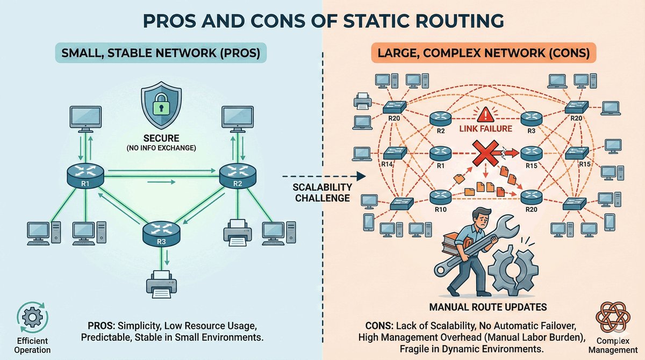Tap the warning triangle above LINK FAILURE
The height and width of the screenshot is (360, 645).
(486, 114)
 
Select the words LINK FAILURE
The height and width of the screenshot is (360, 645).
(485, 130)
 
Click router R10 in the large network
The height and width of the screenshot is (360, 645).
(439, 196)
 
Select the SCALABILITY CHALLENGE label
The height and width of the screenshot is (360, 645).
(322, 192)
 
